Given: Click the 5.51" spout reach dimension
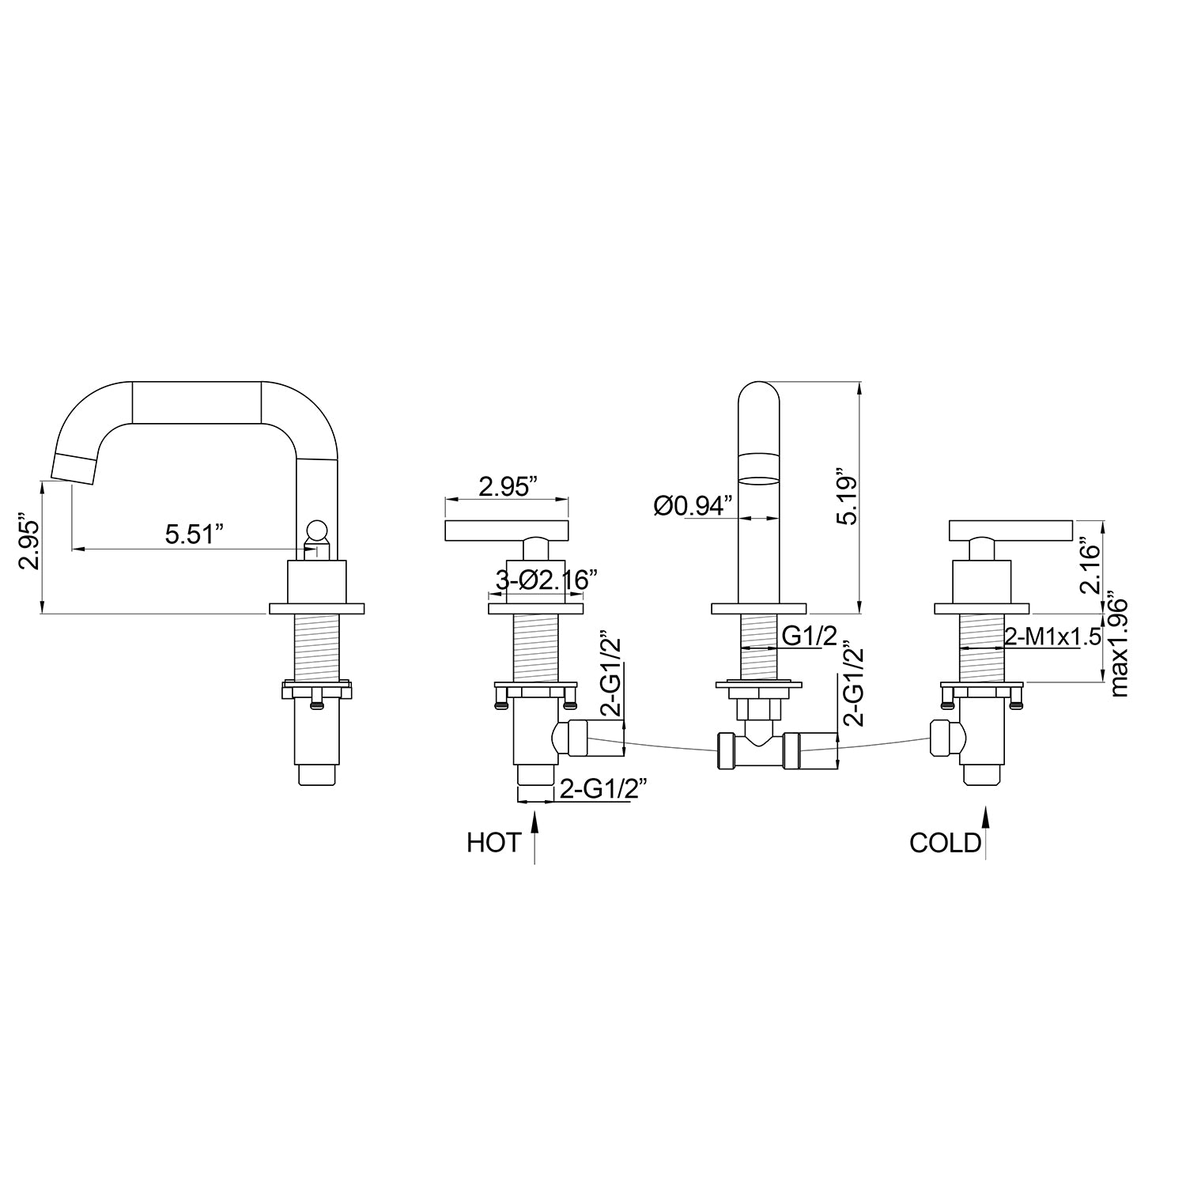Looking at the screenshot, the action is tap(191, 534).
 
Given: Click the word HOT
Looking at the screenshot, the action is tap(494, 843).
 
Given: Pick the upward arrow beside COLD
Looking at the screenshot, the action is tap(985, 833).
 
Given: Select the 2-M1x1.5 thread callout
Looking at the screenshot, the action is tap(1052, 637).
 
